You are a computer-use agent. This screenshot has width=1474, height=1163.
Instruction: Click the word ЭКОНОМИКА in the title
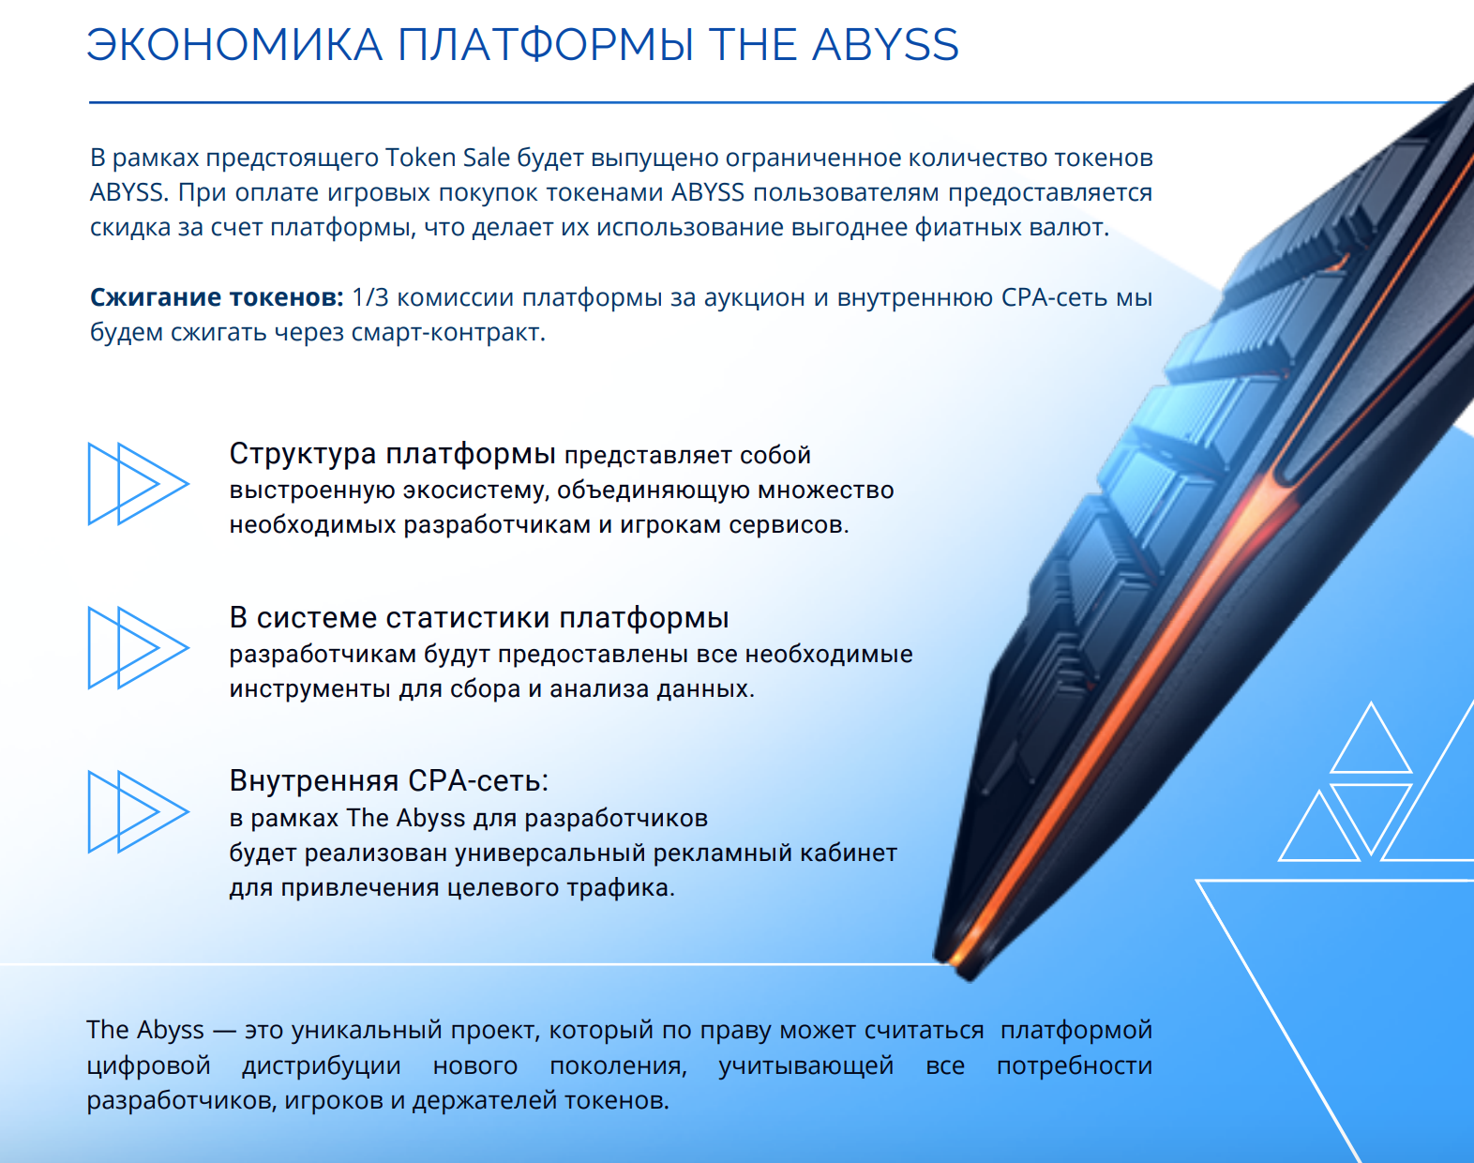[234, 45]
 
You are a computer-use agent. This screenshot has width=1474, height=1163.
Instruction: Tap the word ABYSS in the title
[885, 45]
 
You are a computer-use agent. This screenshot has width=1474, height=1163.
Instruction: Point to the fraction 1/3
[369, 297]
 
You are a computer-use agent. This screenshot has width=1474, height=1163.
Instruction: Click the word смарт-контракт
[448, 332]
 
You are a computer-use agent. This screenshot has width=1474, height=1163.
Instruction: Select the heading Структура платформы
[392, 454]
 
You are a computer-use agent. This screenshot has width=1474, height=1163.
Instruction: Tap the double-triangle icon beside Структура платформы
[139, 484]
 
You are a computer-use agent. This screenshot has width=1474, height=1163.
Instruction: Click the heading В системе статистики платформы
[479, 617]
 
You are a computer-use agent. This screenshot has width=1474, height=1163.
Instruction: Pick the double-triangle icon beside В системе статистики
[139, 648]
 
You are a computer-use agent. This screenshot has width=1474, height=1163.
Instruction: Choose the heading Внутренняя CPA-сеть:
[388, 780]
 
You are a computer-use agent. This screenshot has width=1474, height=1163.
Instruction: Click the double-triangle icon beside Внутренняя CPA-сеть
[139, 811]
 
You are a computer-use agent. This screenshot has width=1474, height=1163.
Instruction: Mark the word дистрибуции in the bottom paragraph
[322, 1065]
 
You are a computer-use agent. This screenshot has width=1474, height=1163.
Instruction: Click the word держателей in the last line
[483, 1101]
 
